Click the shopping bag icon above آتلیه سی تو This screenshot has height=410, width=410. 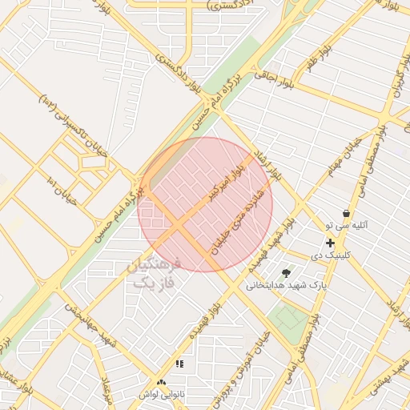tap(346, 214)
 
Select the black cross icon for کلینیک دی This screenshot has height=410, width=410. tap(330, 243)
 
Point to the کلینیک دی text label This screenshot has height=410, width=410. tap(331, 255)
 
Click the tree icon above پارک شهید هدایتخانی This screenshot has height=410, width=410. tap(286, 273)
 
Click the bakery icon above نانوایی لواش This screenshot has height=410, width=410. tap(162, 384)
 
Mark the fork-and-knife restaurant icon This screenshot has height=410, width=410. tap(179, 364)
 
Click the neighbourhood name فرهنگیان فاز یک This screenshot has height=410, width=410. tap(155, 273)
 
